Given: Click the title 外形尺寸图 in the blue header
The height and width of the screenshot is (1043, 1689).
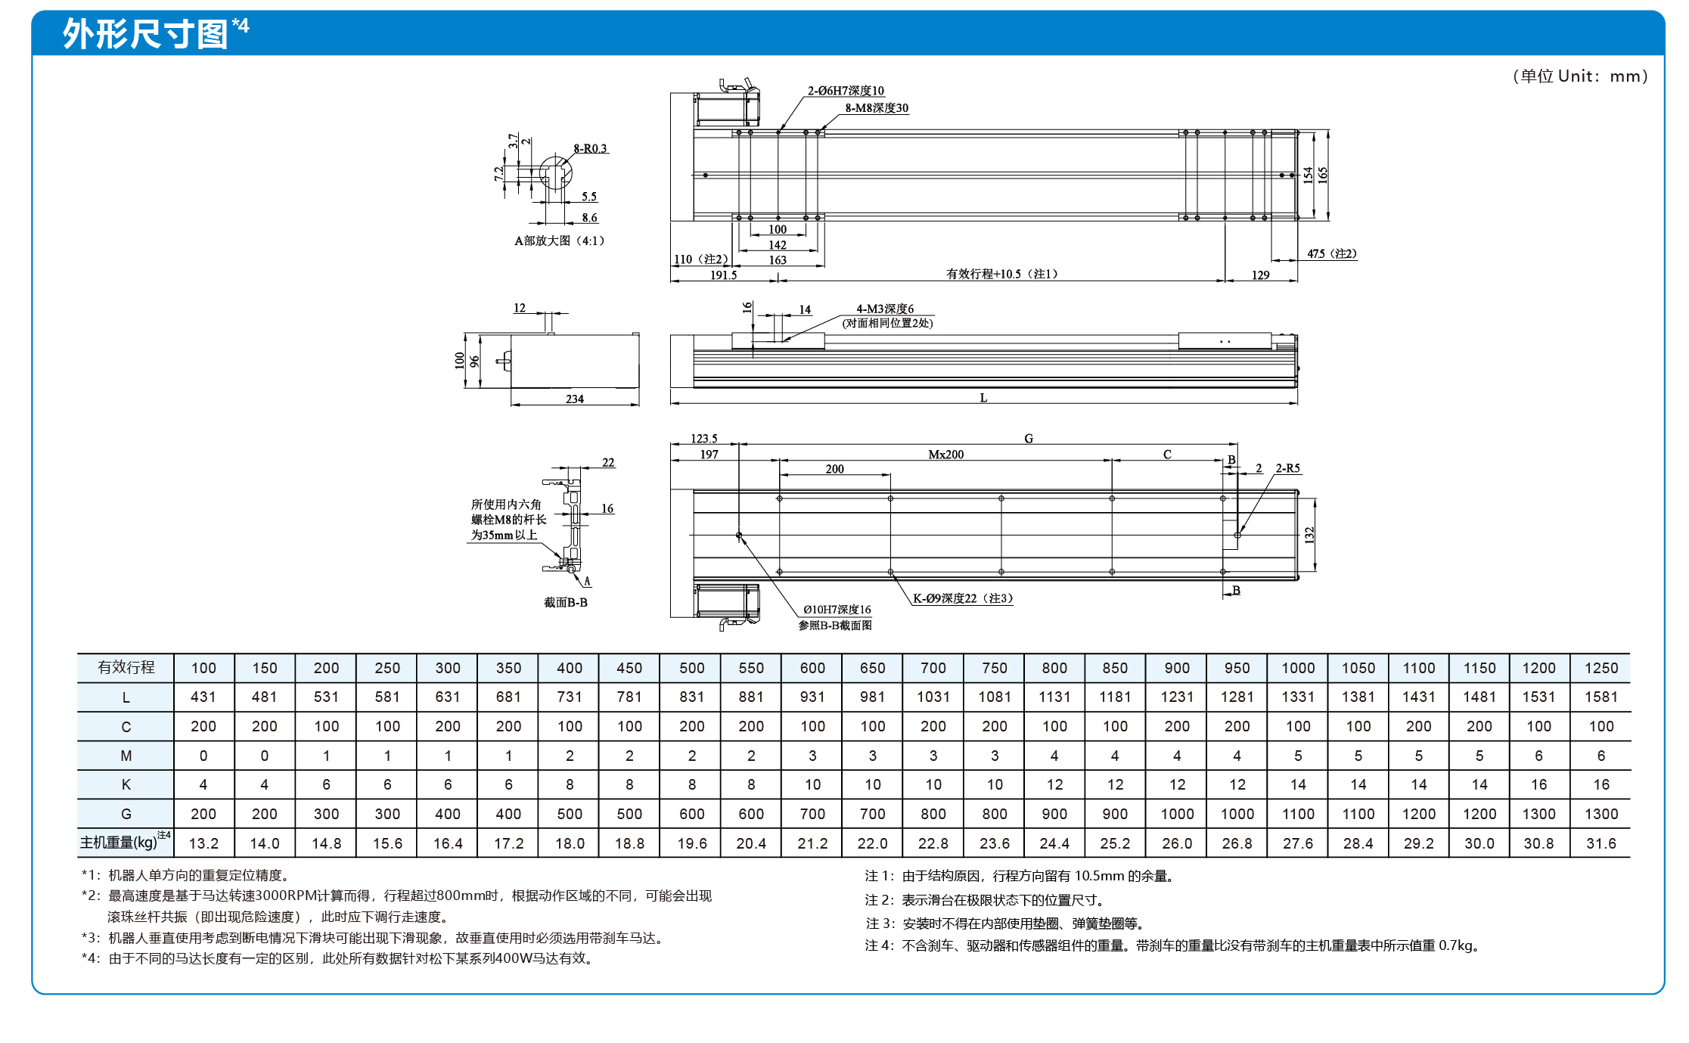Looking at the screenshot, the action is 145,34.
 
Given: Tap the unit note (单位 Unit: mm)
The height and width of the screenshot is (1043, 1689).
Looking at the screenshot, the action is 1580,76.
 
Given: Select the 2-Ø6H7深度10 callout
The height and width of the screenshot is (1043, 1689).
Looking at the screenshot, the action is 846,91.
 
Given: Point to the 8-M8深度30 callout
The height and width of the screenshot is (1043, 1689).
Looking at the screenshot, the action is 877,108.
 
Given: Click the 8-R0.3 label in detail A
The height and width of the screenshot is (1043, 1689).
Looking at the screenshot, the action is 590,148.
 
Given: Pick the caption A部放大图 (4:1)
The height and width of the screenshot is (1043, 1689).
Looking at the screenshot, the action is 560,241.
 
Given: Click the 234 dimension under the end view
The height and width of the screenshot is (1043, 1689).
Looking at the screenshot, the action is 575,399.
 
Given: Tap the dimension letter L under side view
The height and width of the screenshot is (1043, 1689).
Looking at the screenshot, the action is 983,398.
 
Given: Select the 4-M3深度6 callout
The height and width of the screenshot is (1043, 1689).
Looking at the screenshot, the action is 885,309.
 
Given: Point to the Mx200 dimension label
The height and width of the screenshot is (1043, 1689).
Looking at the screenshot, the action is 946,455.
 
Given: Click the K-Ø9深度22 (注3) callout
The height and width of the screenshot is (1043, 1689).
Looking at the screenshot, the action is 963,598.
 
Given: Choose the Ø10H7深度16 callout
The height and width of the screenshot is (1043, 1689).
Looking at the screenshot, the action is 837,610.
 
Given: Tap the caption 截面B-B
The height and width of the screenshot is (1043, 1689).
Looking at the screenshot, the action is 566,603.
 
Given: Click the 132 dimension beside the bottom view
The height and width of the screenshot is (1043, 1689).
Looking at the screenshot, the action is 1309,535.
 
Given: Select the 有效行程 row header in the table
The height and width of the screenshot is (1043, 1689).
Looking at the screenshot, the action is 126,667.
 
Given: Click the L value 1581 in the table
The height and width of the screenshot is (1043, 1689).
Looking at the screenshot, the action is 1601,697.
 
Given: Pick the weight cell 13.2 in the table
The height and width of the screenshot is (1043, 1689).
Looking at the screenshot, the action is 203,843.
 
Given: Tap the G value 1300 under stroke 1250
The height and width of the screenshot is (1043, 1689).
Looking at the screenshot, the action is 1601,814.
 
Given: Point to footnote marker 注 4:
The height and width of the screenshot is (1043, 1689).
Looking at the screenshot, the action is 880,945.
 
